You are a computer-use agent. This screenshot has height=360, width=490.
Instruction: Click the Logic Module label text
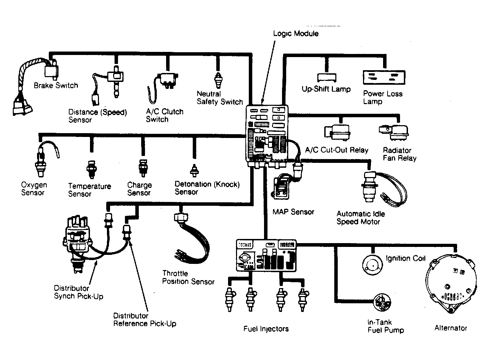296,34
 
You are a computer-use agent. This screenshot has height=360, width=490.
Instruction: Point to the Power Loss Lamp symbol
383,77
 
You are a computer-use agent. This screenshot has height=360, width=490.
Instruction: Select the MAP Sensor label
293,212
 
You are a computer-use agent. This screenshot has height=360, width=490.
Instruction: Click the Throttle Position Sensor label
188,278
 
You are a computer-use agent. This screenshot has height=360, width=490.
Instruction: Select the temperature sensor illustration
91,169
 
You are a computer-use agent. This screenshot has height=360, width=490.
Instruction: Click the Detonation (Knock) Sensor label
207,188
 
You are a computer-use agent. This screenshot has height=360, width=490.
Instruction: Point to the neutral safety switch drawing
218,81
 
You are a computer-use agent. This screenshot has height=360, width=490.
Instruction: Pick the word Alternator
451,328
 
